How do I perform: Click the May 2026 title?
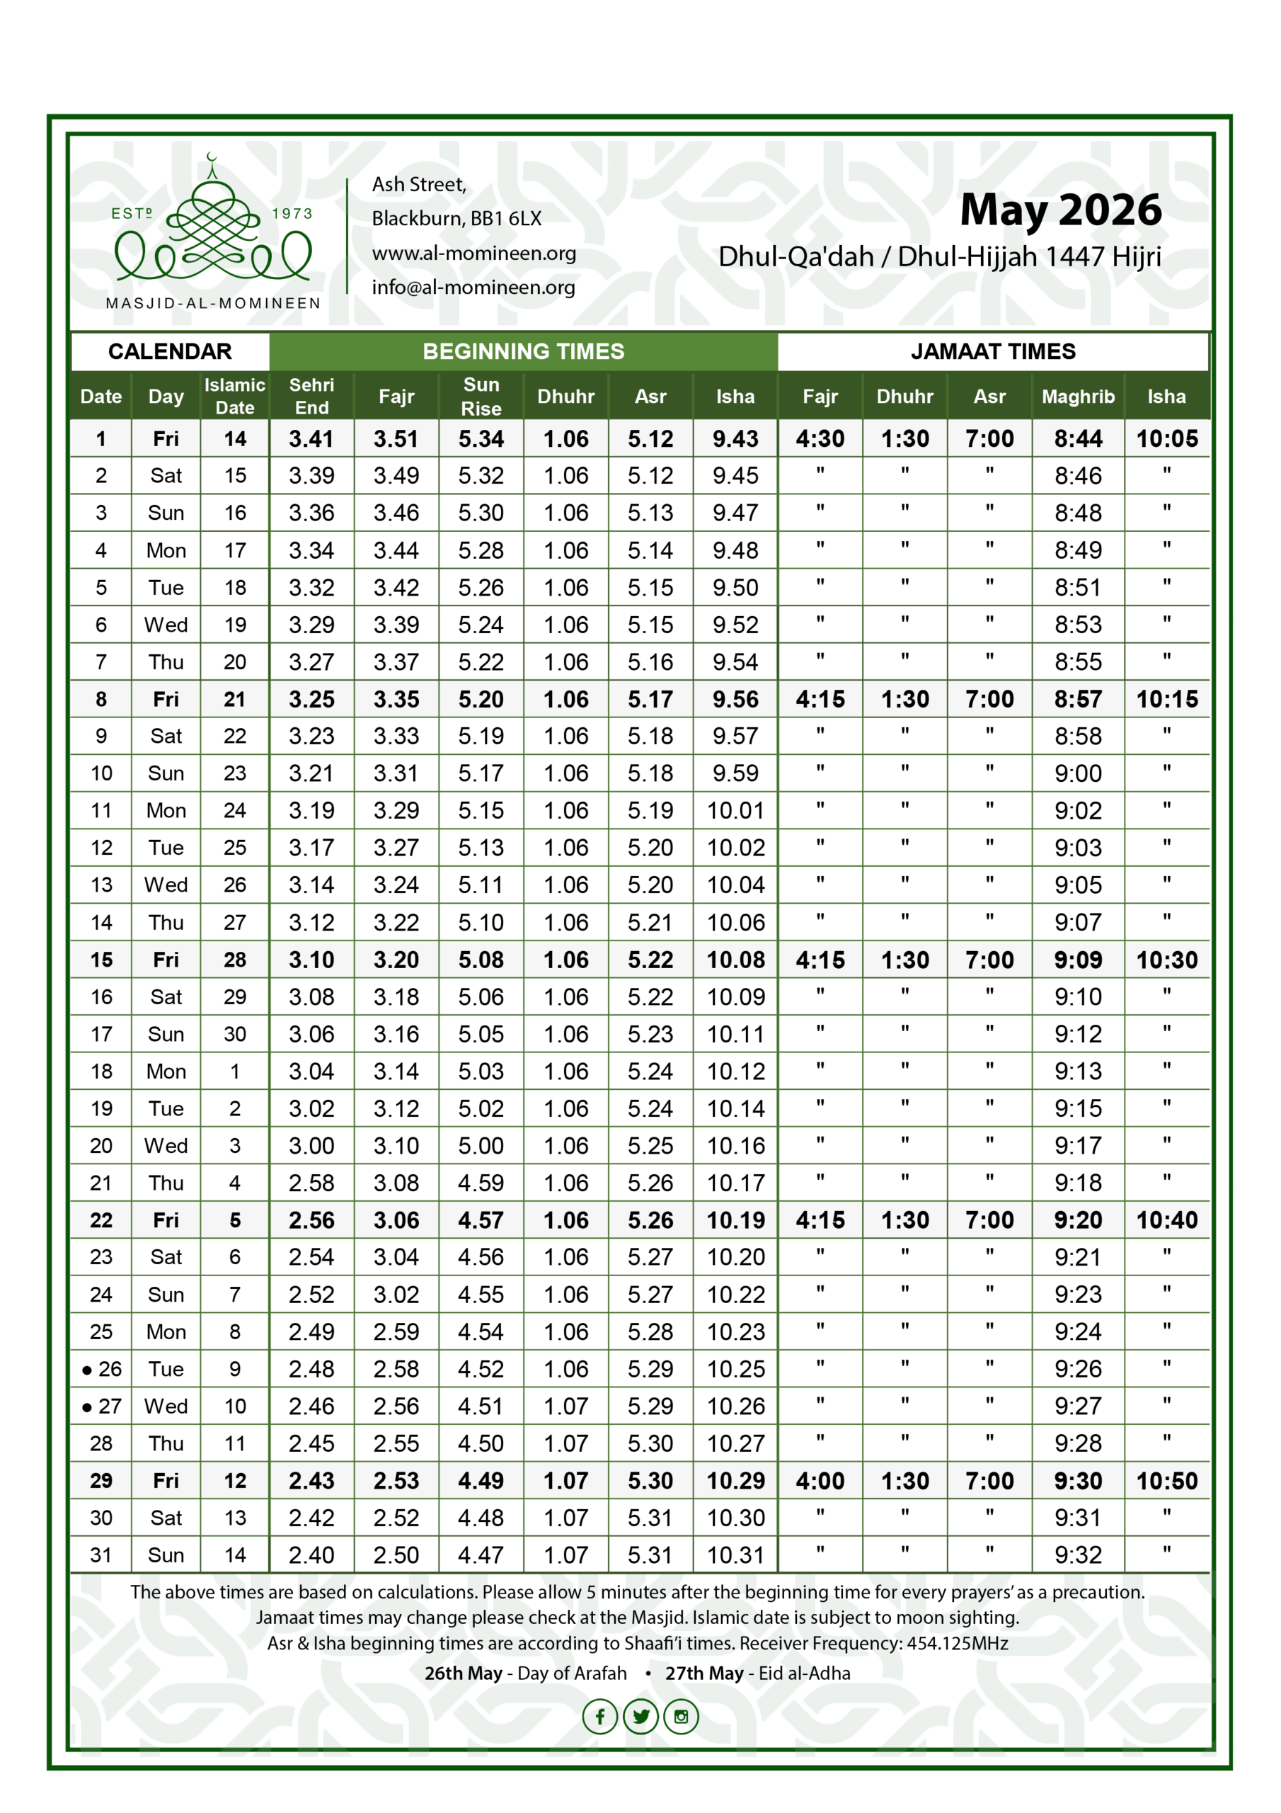pos(1060,210)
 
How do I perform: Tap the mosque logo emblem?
pos(213,229)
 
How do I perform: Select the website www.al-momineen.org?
pos(473,254)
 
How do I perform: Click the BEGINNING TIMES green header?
pos(523,351)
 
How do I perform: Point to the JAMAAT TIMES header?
pos(993,351)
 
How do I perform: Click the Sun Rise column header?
pos(481,397)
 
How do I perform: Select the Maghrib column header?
pos(1077,397)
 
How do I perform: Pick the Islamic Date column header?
pos(234,397)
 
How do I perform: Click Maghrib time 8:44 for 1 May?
pos(1077,439)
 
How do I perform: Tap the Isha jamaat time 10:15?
pos(1166,700)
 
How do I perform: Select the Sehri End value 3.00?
pos(311,1146)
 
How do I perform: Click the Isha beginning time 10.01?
pos(735,811)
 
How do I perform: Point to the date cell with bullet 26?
pos(102,1369)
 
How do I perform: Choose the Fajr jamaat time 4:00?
pos(820,1482)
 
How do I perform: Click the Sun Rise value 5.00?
pos(481,1146)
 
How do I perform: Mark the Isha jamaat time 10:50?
pos(1166,1482)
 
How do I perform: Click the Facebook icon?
pos(600,1717)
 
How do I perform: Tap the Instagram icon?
pos(681,1717)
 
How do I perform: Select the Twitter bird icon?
pos(641,1717)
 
